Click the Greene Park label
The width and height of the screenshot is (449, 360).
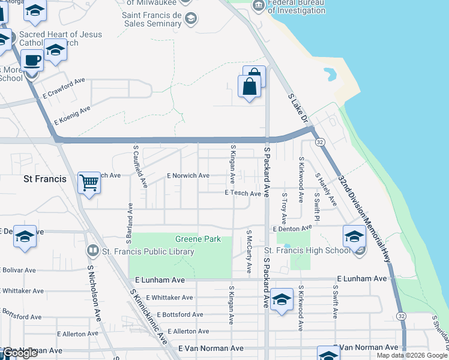(197, 239)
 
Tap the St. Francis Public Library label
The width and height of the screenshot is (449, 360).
(148, 251)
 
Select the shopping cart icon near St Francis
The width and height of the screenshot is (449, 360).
(89, 182)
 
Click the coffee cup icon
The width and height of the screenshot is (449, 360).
(31, 61)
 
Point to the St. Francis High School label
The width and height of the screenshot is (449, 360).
(307, 250)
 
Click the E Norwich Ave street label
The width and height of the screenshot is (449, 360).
(188, 175)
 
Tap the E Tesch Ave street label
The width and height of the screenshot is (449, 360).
(243, 193)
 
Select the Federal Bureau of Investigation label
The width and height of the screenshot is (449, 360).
(296, 7)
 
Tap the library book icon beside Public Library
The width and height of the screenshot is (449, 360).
(93, 250)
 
